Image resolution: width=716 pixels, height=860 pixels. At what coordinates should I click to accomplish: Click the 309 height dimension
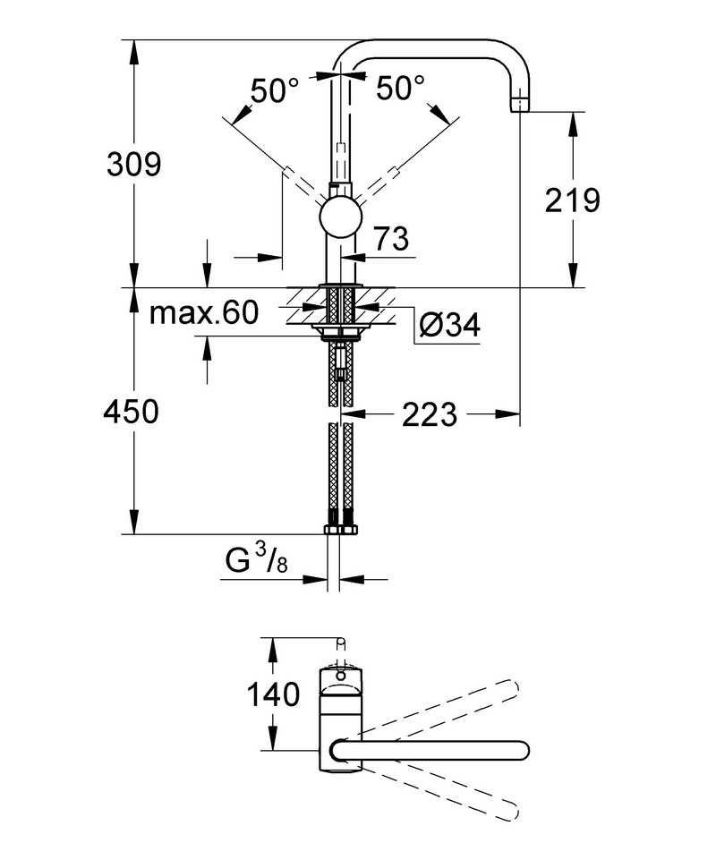point(133,164)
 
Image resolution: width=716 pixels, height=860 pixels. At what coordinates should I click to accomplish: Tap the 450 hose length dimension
point(131,412)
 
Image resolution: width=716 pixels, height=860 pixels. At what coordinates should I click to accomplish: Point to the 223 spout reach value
point(429,414)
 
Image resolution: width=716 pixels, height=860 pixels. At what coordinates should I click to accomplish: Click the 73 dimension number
point(390,239)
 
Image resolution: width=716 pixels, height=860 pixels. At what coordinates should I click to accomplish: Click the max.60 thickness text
point(203,313)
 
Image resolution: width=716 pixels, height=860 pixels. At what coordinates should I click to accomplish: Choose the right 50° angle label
point(400,89)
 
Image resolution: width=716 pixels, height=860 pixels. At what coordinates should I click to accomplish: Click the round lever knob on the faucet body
point(341,217)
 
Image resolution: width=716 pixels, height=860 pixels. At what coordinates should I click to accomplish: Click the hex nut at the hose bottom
point(341,530)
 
